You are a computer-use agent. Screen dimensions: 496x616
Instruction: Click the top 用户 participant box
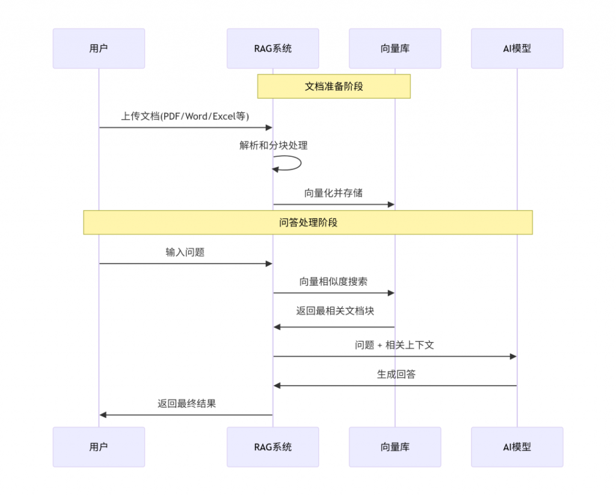click(99, 48)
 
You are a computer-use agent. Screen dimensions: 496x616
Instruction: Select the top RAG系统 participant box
click(273, 48)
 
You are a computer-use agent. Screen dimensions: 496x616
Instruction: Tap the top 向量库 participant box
click(395, 48)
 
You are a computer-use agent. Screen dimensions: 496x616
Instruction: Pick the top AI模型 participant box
click(517, 48)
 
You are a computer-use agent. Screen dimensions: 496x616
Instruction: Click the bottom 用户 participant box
click(99, 447)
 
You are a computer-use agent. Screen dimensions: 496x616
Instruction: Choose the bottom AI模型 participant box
click(517, 447)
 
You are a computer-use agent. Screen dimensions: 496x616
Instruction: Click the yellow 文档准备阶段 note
click(334, 86)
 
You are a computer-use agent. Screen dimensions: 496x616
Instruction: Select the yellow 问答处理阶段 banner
click(308, 222)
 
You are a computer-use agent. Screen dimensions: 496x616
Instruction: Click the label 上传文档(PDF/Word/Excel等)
click(185, 116)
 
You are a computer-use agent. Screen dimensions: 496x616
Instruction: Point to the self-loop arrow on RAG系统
click(295, 163)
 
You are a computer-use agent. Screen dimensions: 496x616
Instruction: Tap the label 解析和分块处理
click(274, 145)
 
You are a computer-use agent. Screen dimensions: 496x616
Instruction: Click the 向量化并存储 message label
click(333, 193)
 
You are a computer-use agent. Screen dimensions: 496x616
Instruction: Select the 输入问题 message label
click(185, 252)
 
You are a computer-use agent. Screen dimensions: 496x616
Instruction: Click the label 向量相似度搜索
click(333, 281)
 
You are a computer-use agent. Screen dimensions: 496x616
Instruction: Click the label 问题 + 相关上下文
click(395, 344)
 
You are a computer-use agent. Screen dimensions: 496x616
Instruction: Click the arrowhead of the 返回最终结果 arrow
click(103, 415)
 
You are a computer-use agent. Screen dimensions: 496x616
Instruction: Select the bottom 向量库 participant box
click(395, 447)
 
